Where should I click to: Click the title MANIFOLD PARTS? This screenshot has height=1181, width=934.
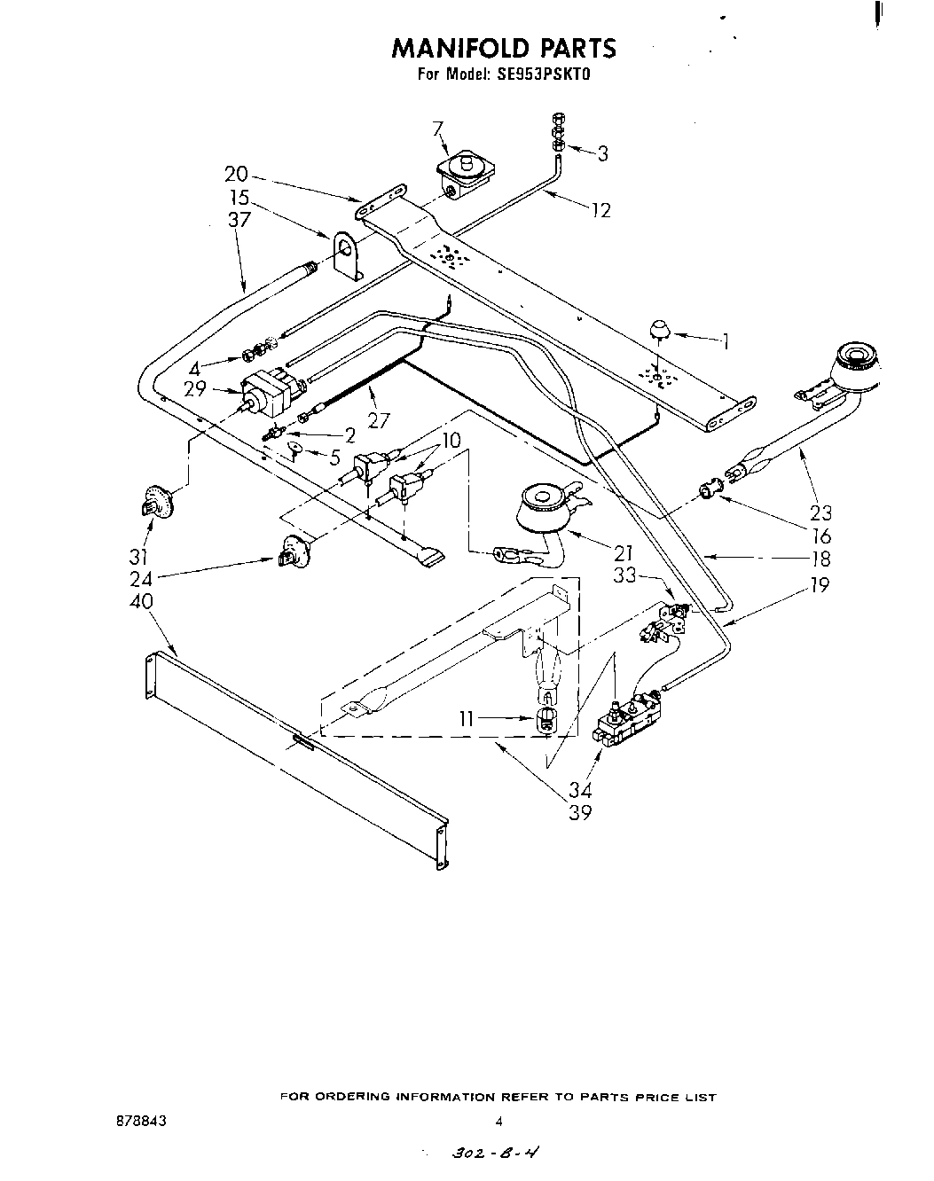tap(504, 47)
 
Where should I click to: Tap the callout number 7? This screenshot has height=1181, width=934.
tap(437, 129)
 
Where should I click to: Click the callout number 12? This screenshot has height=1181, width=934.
tap(600, 210)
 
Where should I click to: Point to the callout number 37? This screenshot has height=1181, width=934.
tap(239, 220)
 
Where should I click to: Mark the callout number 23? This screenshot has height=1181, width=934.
tap(821, 512)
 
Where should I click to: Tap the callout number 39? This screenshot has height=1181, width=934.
tap(580, 812)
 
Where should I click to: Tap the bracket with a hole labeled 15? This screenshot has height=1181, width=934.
tap(349, 254)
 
